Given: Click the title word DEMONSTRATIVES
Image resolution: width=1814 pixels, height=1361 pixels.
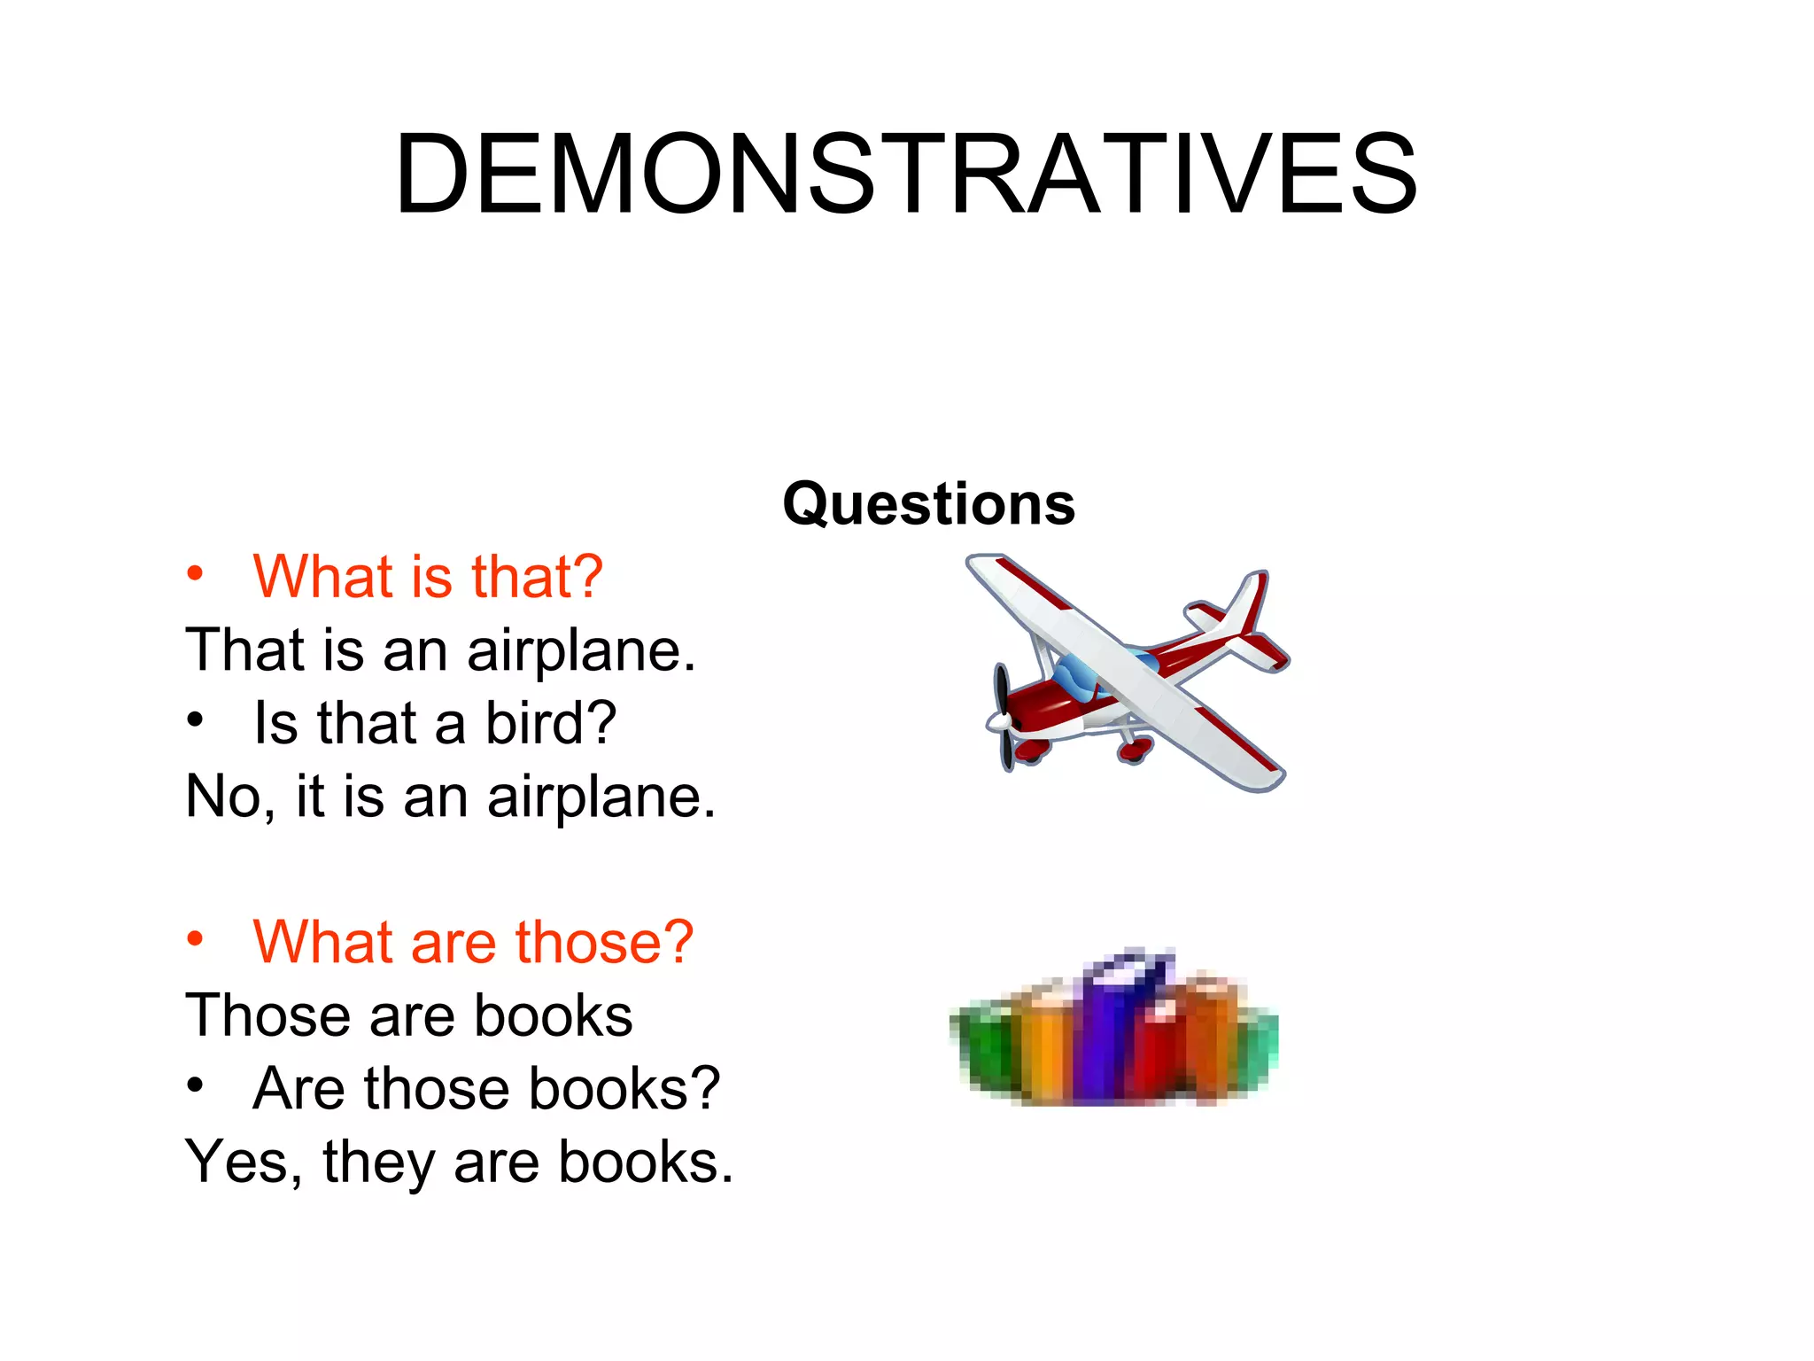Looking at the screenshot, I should [906, 174].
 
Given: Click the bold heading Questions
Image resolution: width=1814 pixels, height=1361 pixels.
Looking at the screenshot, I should [928, 503].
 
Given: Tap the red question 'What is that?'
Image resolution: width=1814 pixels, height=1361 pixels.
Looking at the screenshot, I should [428, 577].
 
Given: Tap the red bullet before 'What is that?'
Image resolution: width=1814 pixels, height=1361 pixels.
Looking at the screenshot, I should [195, 573].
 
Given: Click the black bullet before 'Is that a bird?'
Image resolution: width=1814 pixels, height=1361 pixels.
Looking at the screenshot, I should [195, 719].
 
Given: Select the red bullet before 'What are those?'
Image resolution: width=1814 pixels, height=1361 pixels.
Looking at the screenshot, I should [195, 938].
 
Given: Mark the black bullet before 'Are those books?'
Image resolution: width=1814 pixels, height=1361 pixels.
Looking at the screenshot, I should [195, 1085].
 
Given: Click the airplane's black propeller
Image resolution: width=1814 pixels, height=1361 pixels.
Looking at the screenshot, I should [1004, 718].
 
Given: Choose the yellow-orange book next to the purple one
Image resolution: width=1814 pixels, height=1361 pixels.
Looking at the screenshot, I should [1045, 1046].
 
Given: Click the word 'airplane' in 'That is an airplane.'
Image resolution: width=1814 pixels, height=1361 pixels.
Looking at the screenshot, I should [581, 651].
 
